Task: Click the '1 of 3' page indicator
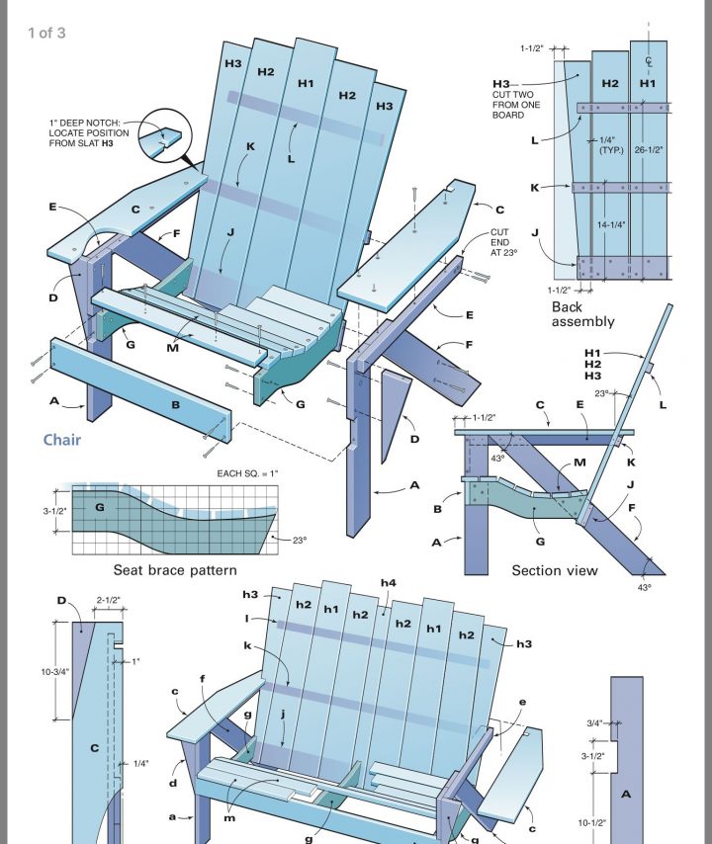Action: pos(46,33)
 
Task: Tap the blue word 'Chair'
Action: pos(61,440)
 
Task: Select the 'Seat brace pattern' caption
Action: pos(174,570)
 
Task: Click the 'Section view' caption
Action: pos(555,570)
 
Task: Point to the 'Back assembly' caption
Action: pos(582,313)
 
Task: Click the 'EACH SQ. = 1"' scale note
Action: pos(248,474)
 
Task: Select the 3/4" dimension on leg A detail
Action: pos(593,722)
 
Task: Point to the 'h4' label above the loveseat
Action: pos(390,583)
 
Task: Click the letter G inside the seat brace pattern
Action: pos(98,508)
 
